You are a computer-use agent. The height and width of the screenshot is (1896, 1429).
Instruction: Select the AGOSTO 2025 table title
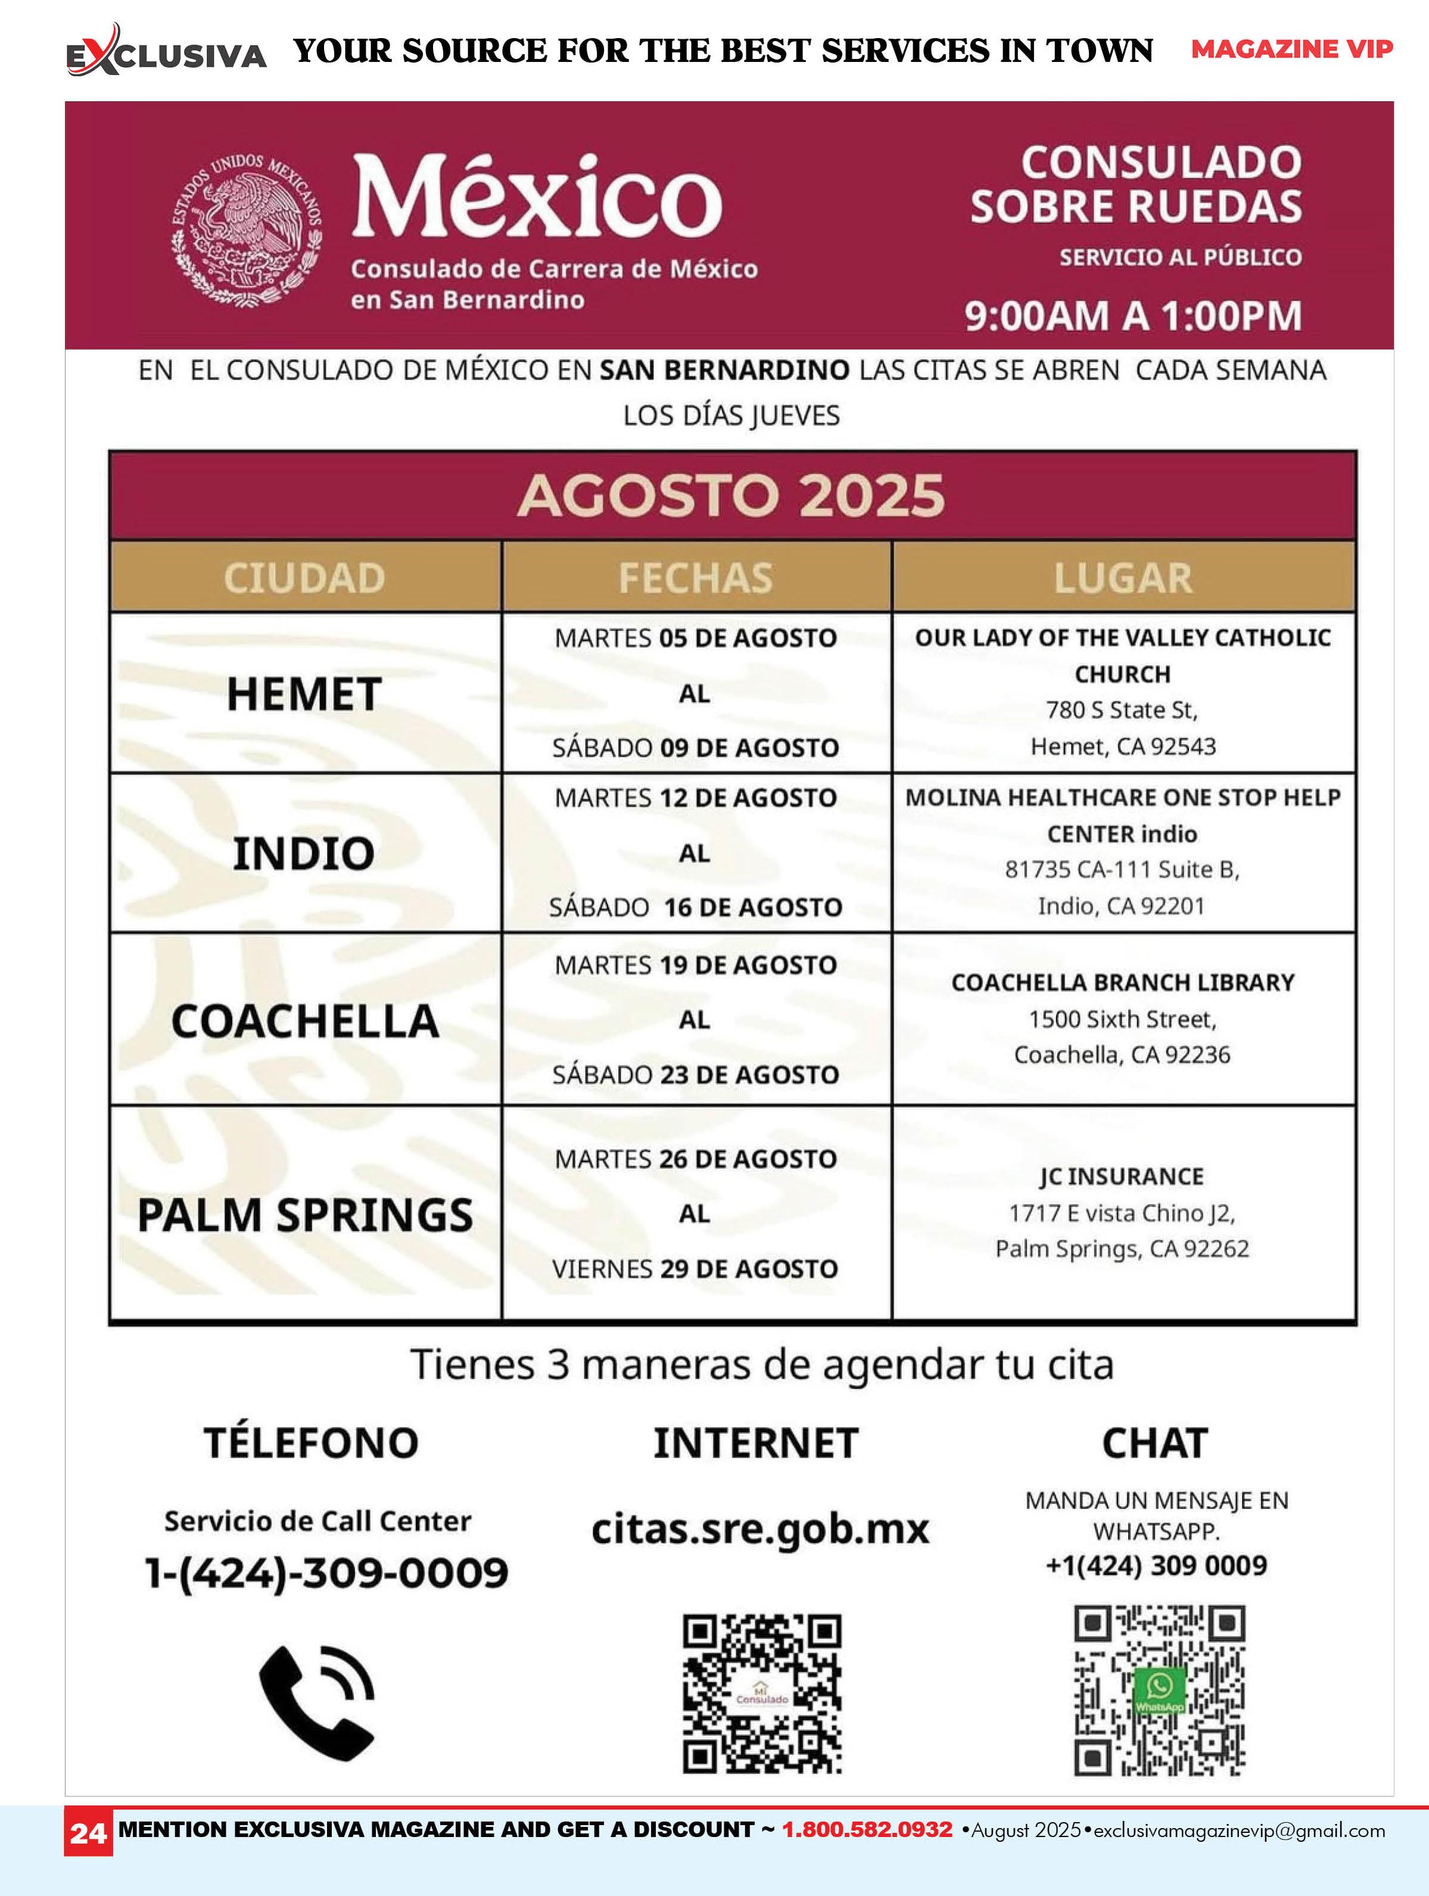731,496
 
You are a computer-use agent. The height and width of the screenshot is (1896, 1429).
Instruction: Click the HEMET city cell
304,693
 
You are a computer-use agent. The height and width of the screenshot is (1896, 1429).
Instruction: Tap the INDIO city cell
304,853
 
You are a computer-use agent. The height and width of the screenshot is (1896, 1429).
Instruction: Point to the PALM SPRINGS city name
304,1215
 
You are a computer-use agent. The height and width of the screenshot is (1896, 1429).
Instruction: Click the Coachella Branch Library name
1122,982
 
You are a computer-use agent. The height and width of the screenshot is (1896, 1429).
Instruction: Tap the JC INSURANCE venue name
1122,1176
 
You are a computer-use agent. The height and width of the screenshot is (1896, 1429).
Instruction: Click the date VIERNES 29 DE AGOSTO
695,1269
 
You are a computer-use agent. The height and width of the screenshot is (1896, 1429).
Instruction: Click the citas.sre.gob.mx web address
760,1528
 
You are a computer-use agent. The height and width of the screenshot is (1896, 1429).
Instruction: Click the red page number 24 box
88,1833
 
